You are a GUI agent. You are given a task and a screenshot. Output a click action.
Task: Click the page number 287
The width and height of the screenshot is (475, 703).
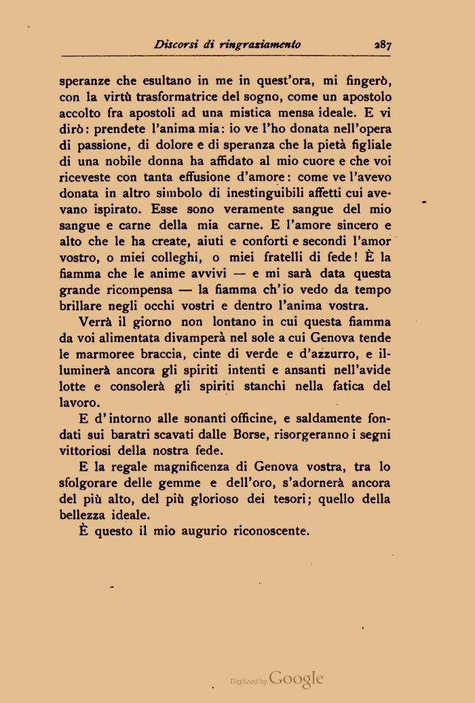click(x=382, y=46)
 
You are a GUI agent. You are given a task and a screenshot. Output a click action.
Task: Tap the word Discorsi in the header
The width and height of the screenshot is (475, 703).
click(x=176, y=45)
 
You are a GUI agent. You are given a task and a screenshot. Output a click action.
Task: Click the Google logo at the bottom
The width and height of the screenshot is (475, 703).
click(x=296, y=678)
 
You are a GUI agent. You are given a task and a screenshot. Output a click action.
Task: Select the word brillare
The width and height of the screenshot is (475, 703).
click(x=80, y=306)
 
